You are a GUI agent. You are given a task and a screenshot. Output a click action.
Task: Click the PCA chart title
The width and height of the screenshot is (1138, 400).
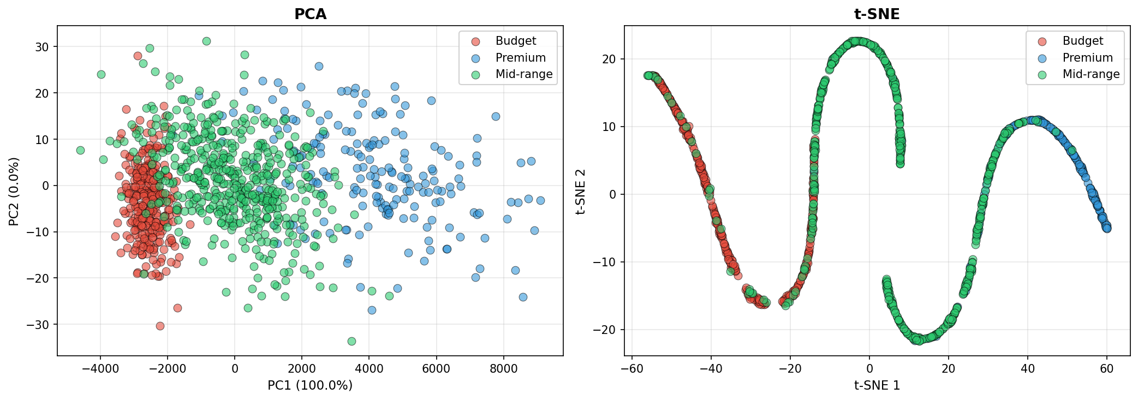click(310, 14)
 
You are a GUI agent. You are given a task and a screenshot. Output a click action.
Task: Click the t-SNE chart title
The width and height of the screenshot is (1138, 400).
click(877, 14)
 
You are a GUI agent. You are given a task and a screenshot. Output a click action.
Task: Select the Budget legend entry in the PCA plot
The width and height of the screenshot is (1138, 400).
click(515, 41)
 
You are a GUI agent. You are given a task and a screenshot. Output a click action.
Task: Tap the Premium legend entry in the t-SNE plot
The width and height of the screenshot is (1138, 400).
click(1087, 58)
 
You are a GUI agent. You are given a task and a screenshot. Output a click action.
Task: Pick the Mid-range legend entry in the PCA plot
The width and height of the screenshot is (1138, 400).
click(523, 74)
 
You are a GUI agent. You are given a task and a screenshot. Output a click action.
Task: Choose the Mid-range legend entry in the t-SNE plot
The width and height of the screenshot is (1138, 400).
click(1091, 74)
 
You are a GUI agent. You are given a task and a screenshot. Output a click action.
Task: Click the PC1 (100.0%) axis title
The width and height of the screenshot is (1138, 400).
click(310, 385)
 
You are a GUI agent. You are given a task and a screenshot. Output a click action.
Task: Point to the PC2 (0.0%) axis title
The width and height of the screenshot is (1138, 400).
click(14, 191)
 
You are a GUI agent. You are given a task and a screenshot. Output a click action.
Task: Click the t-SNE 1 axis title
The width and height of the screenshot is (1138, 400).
click(877, 385)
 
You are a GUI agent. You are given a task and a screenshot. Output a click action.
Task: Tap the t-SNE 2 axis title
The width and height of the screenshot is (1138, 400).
click(581, 191)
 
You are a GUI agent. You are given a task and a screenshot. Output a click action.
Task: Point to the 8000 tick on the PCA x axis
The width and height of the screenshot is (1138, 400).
click(503, 368)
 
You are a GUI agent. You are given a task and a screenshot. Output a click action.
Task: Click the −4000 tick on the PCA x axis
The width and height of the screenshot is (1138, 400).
click(100, 368)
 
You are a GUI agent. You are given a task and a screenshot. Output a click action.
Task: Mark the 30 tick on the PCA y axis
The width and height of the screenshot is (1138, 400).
click(42, 47)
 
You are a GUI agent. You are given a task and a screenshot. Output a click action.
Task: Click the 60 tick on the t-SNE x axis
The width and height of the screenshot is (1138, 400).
click(1106, 368)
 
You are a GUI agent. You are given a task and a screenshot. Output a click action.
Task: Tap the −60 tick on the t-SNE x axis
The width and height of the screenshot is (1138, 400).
click(631, 368)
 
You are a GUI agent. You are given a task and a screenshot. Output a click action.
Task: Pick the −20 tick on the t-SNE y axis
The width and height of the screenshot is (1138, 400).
click(605, 330)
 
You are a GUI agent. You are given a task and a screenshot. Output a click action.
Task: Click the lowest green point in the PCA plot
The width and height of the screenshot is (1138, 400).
click(351, 341)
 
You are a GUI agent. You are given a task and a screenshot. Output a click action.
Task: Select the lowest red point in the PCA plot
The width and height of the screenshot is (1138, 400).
click(160, 326)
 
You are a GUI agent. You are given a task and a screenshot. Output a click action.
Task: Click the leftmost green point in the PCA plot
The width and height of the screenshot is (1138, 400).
click(80, 150)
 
